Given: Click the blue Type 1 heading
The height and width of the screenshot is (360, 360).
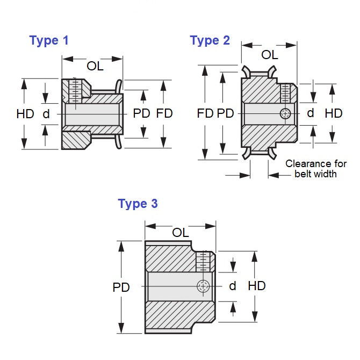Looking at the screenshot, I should tap(49, 40).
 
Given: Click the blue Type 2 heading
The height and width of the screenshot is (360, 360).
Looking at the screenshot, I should tap(210, 40).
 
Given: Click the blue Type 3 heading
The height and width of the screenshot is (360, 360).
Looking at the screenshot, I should tap(138, 204).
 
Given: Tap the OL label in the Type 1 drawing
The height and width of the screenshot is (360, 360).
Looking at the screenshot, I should tap(95, 66).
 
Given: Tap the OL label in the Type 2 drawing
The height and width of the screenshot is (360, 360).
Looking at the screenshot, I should tap(269, 55).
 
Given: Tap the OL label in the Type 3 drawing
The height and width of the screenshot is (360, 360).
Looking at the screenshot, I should tap(181, 232).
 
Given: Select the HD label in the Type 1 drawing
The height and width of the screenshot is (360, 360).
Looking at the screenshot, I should tap(25, 113).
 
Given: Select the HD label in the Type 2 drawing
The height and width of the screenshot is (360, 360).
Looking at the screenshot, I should tap(334, 113).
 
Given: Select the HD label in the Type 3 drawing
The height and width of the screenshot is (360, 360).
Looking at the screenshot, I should tap(257, 286).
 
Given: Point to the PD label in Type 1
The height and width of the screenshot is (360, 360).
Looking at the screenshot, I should tap(142, 113).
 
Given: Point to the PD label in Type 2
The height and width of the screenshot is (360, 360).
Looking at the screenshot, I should tap(226, 113).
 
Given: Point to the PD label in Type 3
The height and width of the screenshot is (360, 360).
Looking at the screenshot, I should tap(121, 287).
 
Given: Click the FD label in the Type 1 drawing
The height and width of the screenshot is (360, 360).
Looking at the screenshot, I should tap(164, 113).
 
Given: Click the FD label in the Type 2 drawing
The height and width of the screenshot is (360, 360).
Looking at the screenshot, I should tap(205, 113).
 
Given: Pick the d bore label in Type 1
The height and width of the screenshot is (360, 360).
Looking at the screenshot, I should tap(46, 113).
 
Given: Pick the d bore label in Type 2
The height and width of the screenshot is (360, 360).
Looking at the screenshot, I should tap(310, 113).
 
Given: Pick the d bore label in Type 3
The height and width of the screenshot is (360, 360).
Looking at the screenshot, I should tap(233, 286).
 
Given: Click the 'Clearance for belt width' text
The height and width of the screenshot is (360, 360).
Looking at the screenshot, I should tap(316, 168).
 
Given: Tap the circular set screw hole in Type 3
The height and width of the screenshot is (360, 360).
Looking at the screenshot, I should tap(203, 286).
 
